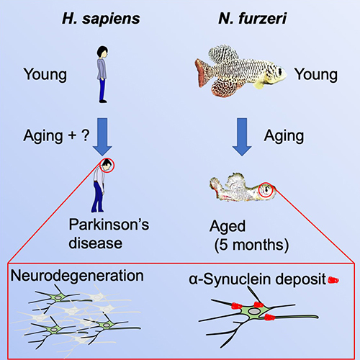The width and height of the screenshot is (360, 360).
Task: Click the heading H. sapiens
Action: point(101,19)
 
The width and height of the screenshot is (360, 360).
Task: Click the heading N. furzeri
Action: point(253,18)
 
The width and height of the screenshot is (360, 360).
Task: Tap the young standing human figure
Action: point(102,74)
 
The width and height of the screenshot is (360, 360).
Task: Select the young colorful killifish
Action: point(240,71)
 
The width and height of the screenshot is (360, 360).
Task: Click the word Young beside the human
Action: point(45,74)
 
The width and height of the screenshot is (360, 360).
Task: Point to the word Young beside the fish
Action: point(316,74)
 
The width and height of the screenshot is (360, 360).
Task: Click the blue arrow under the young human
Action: point(102,137)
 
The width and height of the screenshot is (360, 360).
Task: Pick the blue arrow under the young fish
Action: point(242,137)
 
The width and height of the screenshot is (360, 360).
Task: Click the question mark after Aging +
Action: point(86,135)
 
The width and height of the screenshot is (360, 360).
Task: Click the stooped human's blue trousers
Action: point(98,197)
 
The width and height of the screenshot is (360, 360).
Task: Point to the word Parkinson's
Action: point(109,225)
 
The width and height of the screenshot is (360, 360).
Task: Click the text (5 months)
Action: point(251,246)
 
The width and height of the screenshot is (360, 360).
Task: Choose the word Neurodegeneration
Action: point(77,276)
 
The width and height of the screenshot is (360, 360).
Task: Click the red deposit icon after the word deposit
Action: point(333,280)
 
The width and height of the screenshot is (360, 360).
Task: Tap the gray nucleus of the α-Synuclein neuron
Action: point(253,311)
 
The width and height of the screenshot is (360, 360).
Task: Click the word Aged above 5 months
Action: point(228,226)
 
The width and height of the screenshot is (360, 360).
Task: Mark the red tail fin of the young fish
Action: point(202,72)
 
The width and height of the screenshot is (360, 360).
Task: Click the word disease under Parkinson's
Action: point(96,243)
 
